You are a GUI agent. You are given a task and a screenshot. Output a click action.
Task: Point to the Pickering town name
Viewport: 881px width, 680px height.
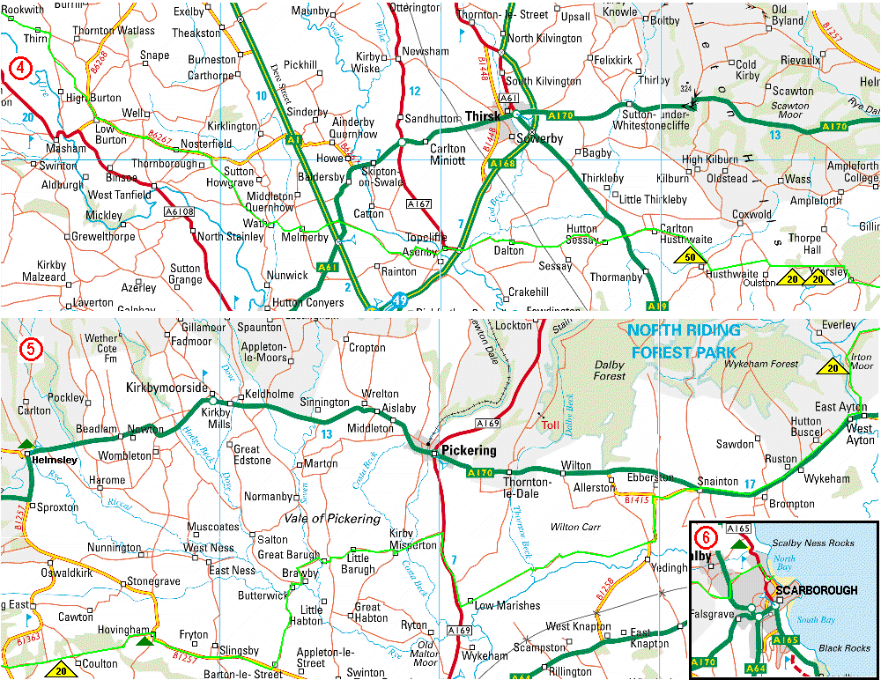pos(469,450)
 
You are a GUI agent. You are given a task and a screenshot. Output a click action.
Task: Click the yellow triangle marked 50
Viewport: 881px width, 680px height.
pos(691,257)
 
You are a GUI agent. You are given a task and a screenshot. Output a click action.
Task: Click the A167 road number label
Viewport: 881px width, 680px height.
pos(418,203)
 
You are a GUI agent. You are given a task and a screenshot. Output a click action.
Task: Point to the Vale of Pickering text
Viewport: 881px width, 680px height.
pos(330,519)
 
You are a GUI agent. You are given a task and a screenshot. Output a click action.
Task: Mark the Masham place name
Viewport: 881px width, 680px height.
pos(67,149)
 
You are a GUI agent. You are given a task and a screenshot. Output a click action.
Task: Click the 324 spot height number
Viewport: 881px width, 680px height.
pos(685,89)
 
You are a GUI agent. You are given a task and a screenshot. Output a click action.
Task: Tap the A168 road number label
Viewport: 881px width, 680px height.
pos(502,164)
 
